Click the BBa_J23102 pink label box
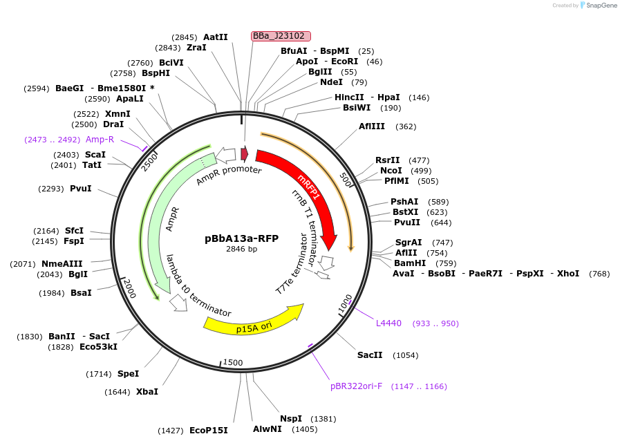[x=281, y=36]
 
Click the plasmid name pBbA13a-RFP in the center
[x=241, y=238]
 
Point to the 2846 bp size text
[x=241, y=249]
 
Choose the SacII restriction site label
[x=370, y=355]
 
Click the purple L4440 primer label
[x=388, y=323]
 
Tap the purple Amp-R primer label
[x=100, y=140]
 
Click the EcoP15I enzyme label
[x=208, y=431]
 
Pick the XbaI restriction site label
[x=147, y=392]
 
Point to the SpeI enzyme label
[x=128, y=374]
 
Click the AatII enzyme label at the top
[x=215, y=37]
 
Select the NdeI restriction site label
[x=331, y=82]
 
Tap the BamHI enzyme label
[x=411, y=263]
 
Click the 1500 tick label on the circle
[x=233, y=363]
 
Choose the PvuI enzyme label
[x=80, y=189]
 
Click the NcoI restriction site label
[x=391, y=171]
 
